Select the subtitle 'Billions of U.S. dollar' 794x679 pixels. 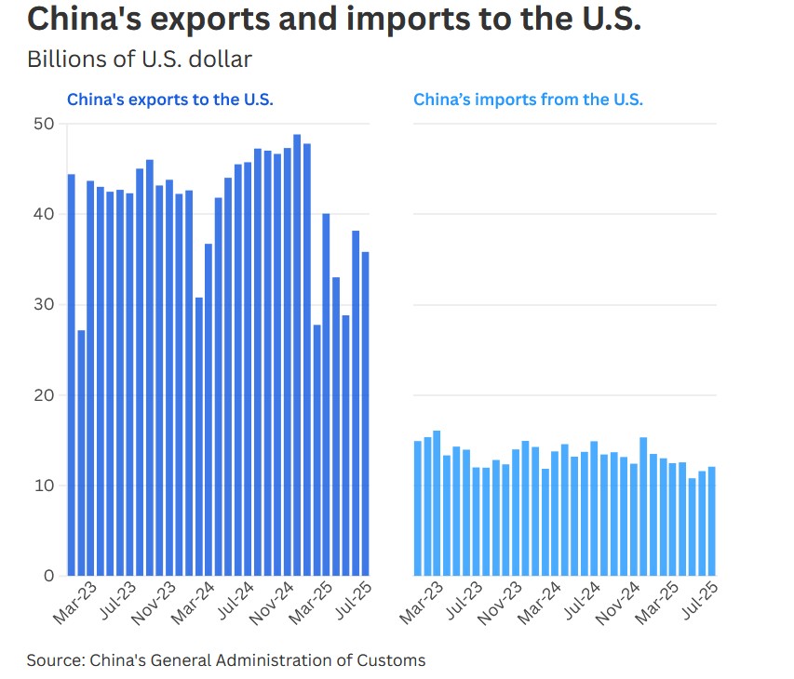140,60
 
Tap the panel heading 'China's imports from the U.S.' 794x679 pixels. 528,100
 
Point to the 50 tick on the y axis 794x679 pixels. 45,124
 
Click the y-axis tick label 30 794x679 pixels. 45,305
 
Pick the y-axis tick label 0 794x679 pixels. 49,576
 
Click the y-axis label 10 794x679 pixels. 45,486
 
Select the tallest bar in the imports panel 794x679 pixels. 437,503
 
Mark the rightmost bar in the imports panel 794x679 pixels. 712,521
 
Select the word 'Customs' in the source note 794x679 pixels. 393,660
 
